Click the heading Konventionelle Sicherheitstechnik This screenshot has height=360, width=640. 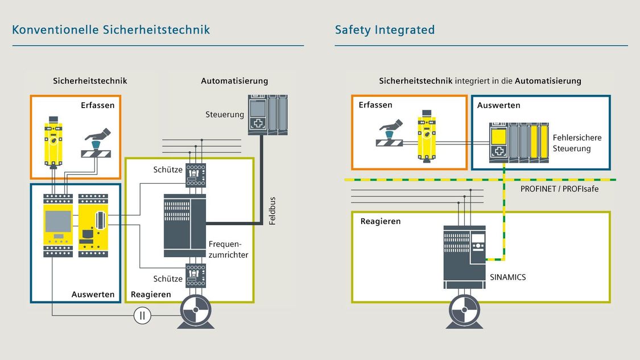(111, 30)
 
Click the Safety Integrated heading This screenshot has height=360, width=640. (385, 30)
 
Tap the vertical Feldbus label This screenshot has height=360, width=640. (272, 210)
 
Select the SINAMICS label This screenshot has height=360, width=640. (508, 278)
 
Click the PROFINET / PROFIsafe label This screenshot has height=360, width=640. (559, 189)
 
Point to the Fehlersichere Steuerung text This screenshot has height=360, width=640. (577, 143)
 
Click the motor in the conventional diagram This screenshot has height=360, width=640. (196, 313)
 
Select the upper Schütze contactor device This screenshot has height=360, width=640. (196, 175)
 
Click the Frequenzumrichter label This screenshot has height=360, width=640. (228, 249)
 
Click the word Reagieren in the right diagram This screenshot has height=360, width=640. (381, 221)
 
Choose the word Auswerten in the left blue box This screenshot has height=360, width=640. (93, 295)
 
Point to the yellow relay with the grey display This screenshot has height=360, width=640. (58, 225)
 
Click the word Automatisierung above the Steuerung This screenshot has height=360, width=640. (234, 81)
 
